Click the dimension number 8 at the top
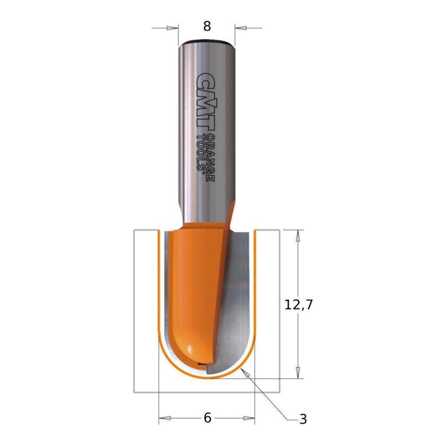pyautogui.click(x=207, y=27)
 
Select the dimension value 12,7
pyautogui.click(x=299, y=305)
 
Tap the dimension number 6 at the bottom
pyautogui.click(x=207, y=418)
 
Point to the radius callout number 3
pyautogui.click(x=303, y=419)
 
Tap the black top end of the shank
pyautogui.click(x=207, y=42)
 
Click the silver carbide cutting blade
pyautogui.click(x=236, y=306)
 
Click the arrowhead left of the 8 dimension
pyautogui.click(x=173, y=28)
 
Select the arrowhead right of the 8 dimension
pyautogui.click(x=241, y=28)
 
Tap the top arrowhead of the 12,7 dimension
pyautogui.click(x=298, y=236)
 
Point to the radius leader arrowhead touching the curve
pyautogui.click(x=244, y=372)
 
